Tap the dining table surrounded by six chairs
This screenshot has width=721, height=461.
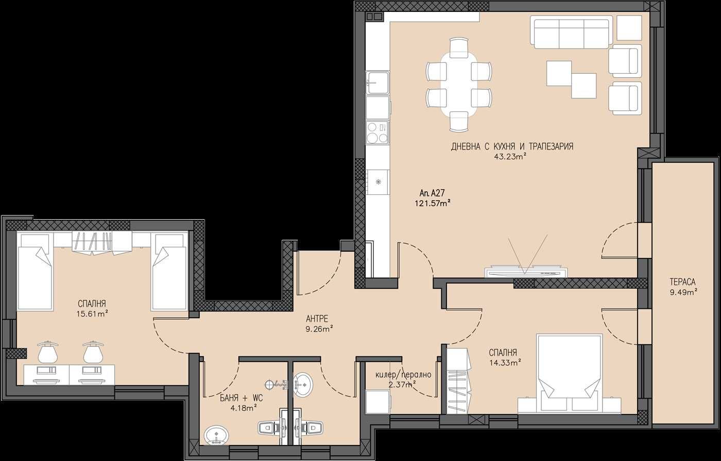459,85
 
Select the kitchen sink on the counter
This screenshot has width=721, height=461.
377,83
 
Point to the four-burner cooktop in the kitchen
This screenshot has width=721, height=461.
377,133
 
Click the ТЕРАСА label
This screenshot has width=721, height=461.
682,282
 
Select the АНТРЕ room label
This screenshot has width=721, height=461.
317,319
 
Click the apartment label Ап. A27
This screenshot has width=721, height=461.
432,193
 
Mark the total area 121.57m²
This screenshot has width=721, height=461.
433,203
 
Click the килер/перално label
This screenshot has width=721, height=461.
403,375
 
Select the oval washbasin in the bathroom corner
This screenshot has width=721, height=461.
217,435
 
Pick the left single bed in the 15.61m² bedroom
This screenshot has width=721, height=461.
35,271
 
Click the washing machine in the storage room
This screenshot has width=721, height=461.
377,402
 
